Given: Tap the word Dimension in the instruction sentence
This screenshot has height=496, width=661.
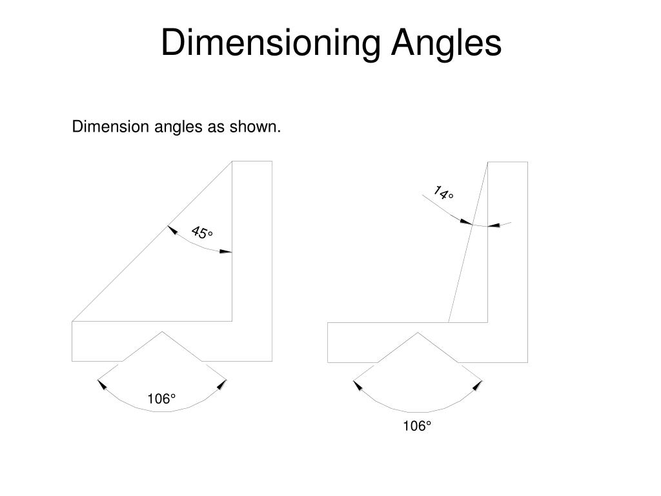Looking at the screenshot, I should pos(110,127).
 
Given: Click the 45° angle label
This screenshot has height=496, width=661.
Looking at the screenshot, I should pos(201,232).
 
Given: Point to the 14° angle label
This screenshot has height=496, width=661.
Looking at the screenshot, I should pos(443,192).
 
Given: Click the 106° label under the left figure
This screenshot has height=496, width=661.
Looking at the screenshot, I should pos(161,400).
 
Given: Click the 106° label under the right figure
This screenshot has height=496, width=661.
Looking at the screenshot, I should pos(417,426).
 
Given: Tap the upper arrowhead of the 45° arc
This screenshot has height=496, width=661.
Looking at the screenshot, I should pos(172,230).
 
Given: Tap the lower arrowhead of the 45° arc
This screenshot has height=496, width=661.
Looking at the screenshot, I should pos(225,251).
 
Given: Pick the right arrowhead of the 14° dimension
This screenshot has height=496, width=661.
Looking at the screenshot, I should pos(494,225).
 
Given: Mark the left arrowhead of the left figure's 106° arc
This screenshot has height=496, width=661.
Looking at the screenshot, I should pos(101,385).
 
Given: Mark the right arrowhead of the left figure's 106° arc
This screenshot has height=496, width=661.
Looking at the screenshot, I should pos(222,385).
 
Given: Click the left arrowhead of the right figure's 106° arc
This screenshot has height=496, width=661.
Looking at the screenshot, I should pos(357,386).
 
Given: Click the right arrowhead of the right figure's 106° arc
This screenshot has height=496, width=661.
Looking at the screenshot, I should pos(478,386).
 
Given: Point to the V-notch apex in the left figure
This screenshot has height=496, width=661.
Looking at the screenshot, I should pos(162,332).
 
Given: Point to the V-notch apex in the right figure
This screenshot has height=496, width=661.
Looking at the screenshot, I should pos(418,333).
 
